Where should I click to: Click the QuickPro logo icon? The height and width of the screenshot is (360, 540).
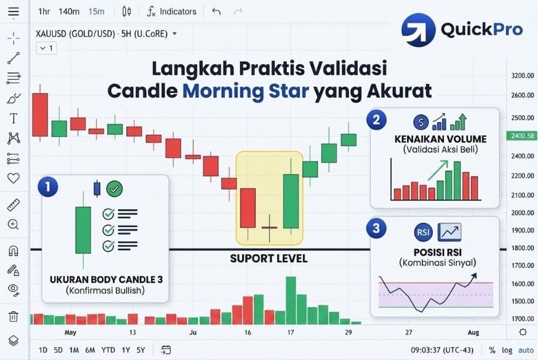click(418, 30)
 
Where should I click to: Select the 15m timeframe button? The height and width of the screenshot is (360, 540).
click(96, 11)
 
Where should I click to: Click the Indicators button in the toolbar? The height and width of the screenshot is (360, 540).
click(172, 11)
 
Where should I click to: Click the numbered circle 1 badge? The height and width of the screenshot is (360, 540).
click(47, 187)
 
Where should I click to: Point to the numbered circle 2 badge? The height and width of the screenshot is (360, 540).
click(376, 119)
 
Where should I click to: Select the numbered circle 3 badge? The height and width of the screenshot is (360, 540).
click(376, 228)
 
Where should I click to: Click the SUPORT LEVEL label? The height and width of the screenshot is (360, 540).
click(268, 259)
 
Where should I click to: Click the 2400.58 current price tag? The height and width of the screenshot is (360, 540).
click(522, 136)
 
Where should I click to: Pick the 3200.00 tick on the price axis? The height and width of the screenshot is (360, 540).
click(523, 76)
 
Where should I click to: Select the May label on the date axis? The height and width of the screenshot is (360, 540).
click(71, 332)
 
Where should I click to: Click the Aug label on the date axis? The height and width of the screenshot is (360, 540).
click(473, 332)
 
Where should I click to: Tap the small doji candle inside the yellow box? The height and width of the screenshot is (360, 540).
click(269, 228)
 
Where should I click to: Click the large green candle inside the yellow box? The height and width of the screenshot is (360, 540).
click(291, 200)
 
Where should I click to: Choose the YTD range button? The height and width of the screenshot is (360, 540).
click(108, 350)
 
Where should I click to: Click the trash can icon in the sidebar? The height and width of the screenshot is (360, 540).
click(13, 316)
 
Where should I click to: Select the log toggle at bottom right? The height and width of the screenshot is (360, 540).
click(508, 350)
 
